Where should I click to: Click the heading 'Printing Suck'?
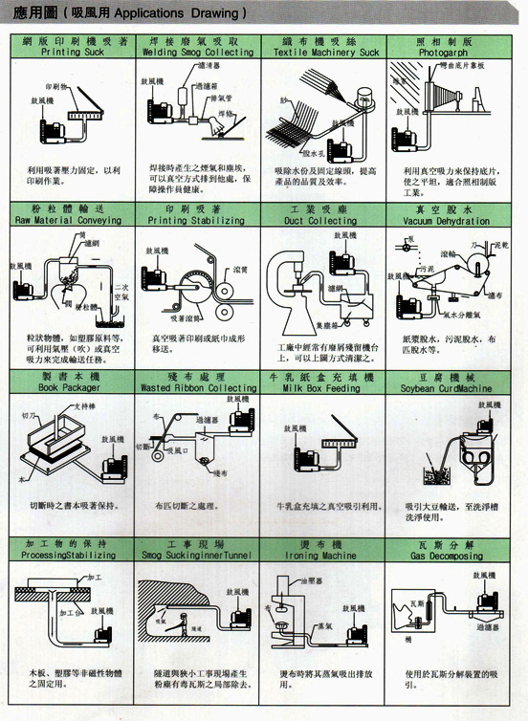75,53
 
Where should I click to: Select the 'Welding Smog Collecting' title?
202,53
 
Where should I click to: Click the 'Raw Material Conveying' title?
75,220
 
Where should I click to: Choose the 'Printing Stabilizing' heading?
202,220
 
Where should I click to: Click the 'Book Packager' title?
75,389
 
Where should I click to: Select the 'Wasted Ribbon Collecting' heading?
202,389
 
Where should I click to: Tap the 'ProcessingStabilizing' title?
75,555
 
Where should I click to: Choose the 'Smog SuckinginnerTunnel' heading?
202,555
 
